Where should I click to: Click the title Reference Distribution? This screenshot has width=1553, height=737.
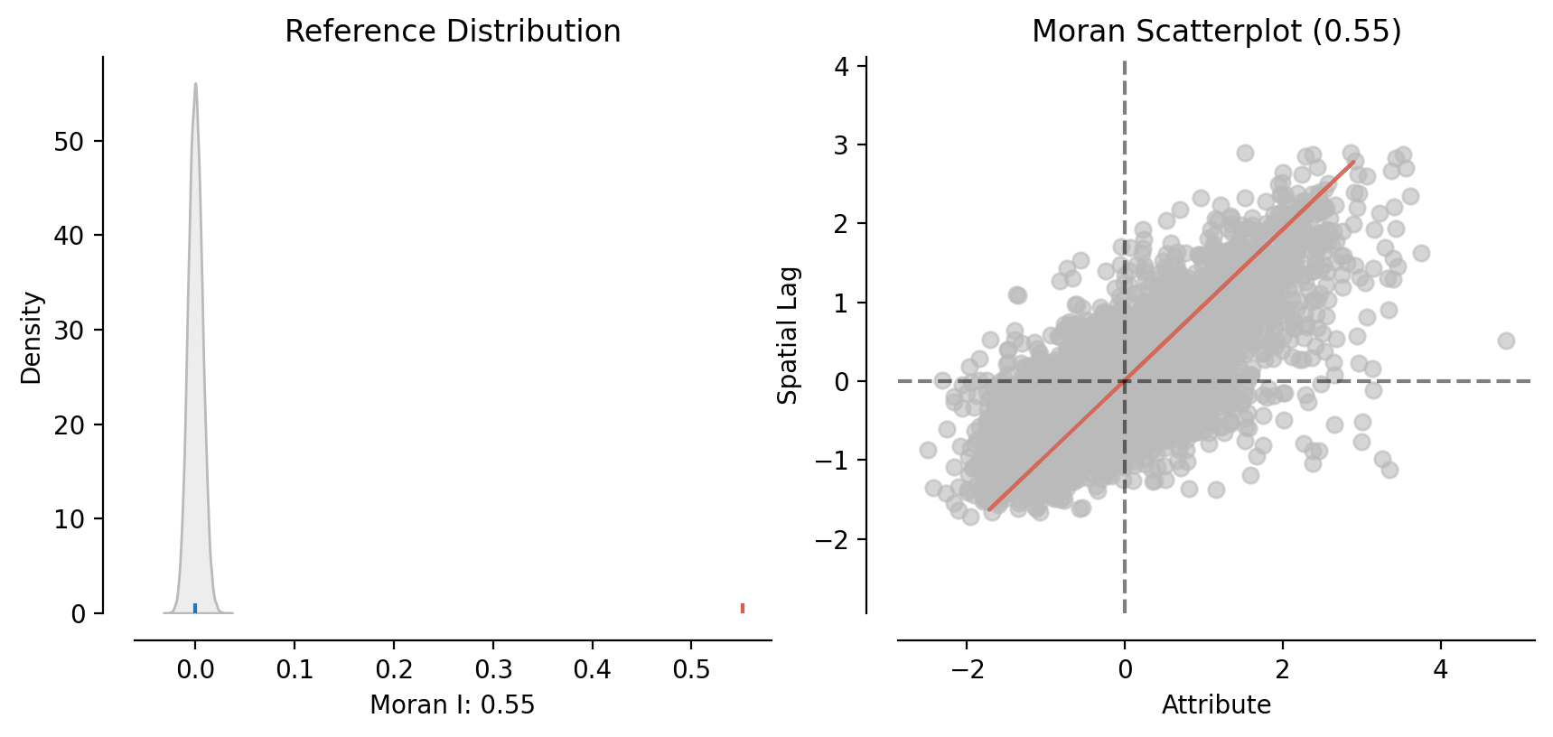[453, 32]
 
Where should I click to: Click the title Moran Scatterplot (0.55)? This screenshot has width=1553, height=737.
[1216, 32]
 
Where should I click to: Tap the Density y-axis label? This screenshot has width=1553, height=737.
[32, 337]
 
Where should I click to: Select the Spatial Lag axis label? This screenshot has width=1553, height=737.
[789, 335]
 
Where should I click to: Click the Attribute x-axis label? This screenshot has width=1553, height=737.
[1216, 704]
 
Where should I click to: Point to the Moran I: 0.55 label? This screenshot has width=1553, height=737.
[453, 704]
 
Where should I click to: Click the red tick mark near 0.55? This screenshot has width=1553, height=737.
[743, 608]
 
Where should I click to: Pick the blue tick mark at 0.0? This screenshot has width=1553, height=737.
[195, 608]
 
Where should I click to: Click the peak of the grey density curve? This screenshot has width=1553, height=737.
[195, 85]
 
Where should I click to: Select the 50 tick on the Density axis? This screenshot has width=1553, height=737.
[70, 142]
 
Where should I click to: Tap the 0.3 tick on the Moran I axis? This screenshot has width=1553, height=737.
[493, 669]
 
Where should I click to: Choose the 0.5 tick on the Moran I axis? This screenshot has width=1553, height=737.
[692, 669]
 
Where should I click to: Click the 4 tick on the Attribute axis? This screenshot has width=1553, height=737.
[1440, 669]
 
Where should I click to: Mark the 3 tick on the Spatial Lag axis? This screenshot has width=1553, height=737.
[842, 145]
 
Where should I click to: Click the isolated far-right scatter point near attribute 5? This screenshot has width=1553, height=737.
[1506, 341]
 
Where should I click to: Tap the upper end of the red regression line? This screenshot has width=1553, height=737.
[1353, 162]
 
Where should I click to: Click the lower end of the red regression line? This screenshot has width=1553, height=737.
[989, 509]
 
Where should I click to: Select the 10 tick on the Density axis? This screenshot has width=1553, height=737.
[70, 519]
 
